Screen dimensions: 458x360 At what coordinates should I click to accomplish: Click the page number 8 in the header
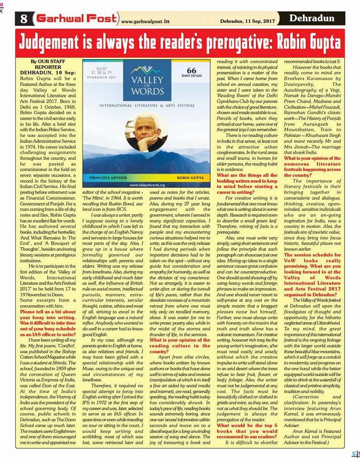tap(23, 19)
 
